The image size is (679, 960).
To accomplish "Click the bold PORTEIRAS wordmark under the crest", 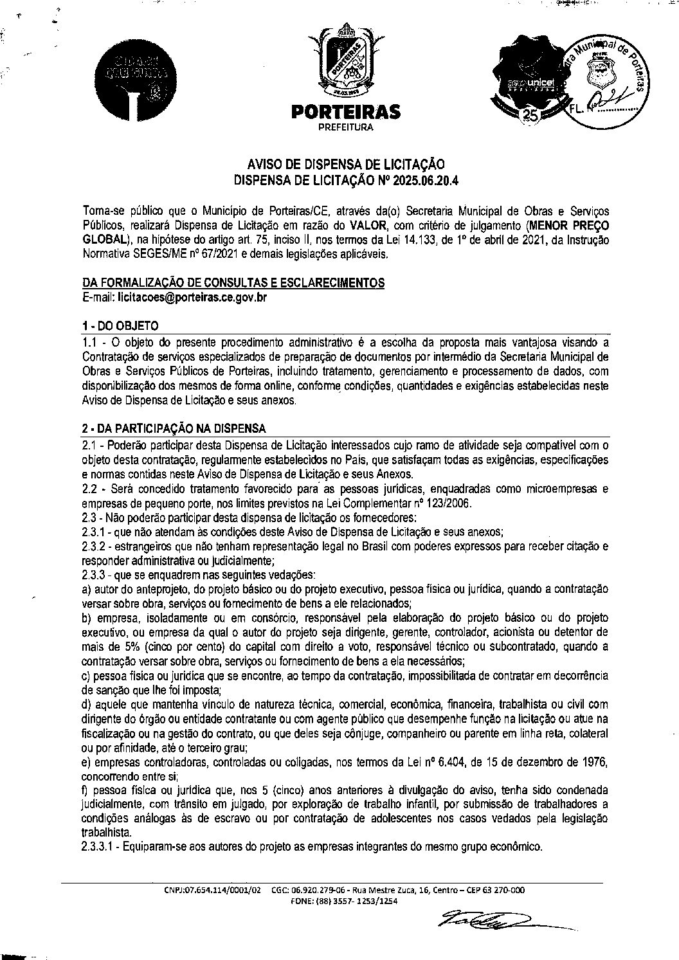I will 346,113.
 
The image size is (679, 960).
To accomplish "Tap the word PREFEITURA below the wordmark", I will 346,127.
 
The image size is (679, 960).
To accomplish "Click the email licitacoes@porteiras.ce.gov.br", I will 195,298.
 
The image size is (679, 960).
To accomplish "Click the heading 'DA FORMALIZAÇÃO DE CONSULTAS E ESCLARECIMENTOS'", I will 233,283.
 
